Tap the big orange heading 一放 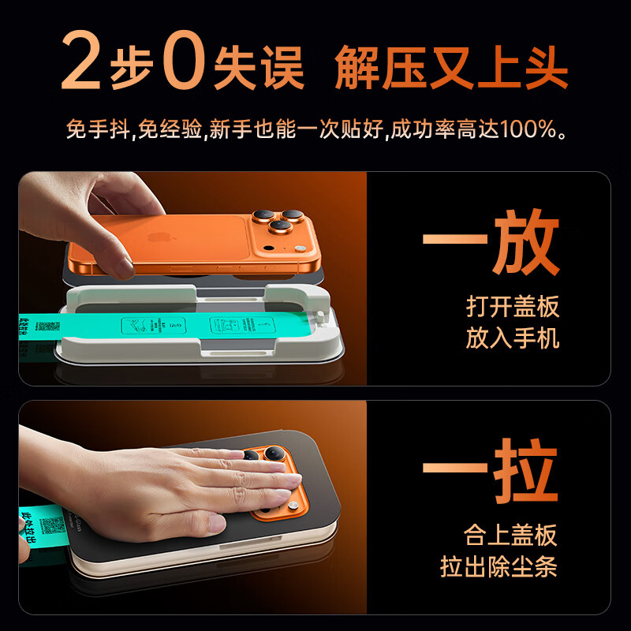click(x=491, y=241)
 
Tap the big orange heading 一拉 click(x=491, y=472)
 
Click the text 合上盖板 click(x=510, y=535)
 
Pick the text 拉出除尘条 click(x=498, y=567)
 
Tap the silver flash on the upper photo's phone click(x=268, y=247)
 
